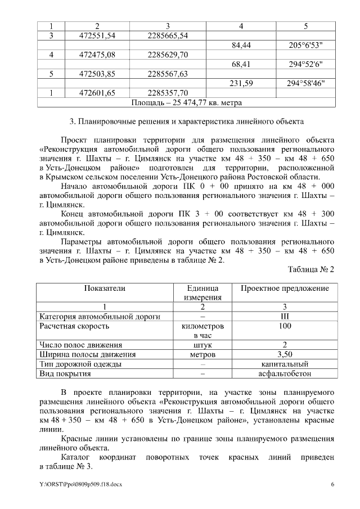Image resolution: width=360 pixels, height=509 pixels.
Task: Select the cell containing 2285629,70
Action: tap(168, 55)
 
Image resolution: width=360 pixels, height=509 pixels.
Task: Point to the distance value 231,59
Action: tap(241, 83)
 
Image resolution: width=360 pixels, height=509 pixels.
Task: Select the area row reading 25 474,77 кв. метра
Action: tap(186, 103)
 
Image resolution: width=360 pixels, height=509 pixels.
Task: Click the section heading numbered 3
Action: tap(186, 121)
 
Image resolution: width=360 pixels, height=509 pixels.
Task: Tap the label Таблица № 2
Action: tap(311, 269)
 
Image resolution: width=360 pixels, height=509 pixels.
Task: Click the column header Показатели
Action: tap(105, 288)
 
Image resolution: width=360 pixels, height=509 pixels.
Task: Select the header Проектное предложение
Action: tap(285, 288)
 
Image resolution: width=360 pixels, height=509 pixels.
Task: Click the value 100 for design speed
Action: tap(285, 326)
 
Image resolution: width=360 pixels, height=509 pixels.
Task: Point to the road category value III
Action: tap(285, 316)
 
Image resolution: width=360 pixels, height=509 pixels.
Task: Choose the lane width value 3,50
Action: tap(285, 354)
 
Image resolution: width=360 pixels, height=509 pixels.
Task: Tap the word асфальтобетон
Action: tap(285, 373)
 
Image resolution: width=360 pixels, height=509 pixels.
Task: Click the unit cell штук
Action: tap(202, 345)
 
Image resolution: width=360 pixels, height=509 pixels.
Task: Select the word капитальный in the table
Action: tap(285, 364)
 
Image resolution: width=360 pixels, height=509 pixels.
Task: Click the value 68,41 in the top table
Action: tap(241, 64)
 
